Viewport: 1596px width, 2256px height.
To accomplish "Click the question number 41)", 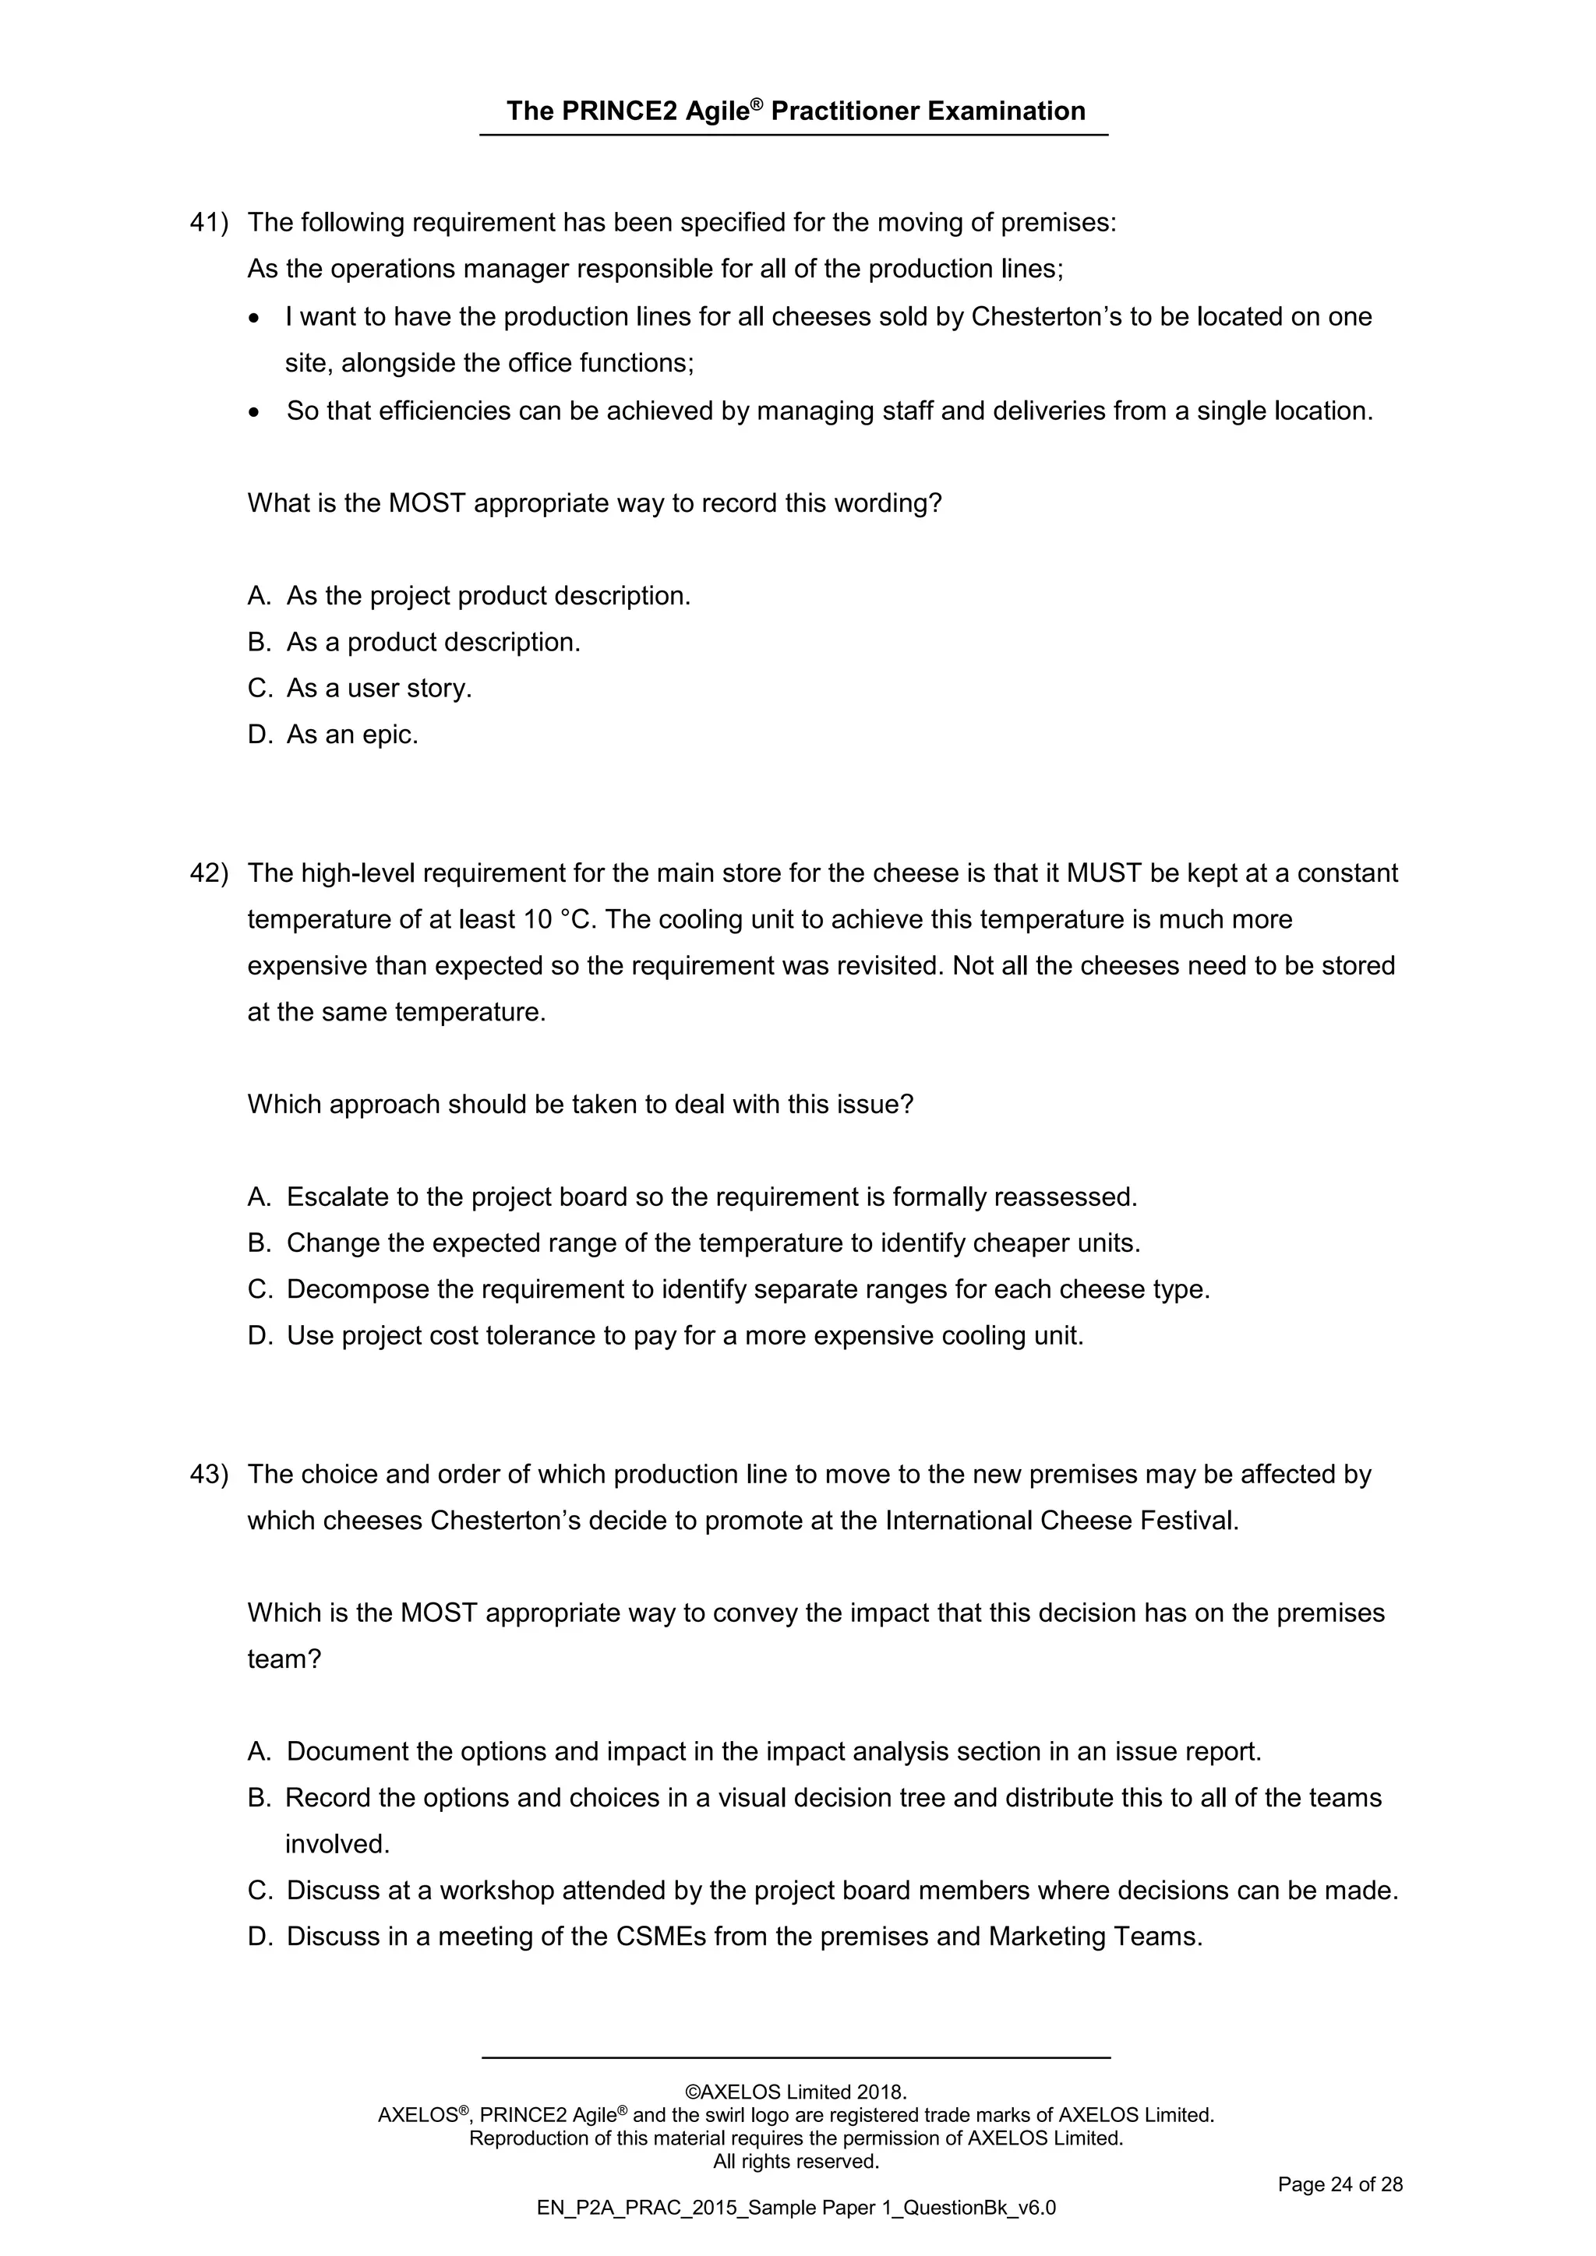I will [208, 223].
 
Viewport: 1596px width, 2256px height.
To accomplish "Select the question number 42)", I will [208, 873].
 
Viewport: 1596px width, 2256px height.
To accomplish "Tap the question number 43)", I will [208, 1474].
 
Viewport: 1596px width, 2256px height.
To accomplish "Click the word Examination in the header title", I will [1005, 111].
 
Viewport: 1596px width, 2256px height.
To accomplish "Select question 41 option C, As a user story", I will [360, 689].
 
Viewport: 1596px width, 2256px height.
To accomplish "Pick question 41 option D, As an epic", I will [334, 735].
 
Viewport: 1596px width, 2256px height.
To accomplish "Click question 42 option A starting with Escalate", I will [692, 1197].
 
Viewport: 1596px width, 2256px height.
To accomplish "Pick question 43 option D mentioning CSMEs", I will [726, 1936].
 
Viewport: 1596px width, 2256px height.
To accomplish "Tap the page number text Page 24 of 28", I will [1340, 2184].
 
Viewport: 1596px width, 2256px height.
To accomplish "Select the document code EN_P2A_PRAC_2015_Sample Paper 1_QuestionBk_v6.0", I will [796, 2208].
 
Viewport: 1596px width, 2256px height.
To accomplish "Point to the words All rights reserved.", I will [796, 2161].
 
